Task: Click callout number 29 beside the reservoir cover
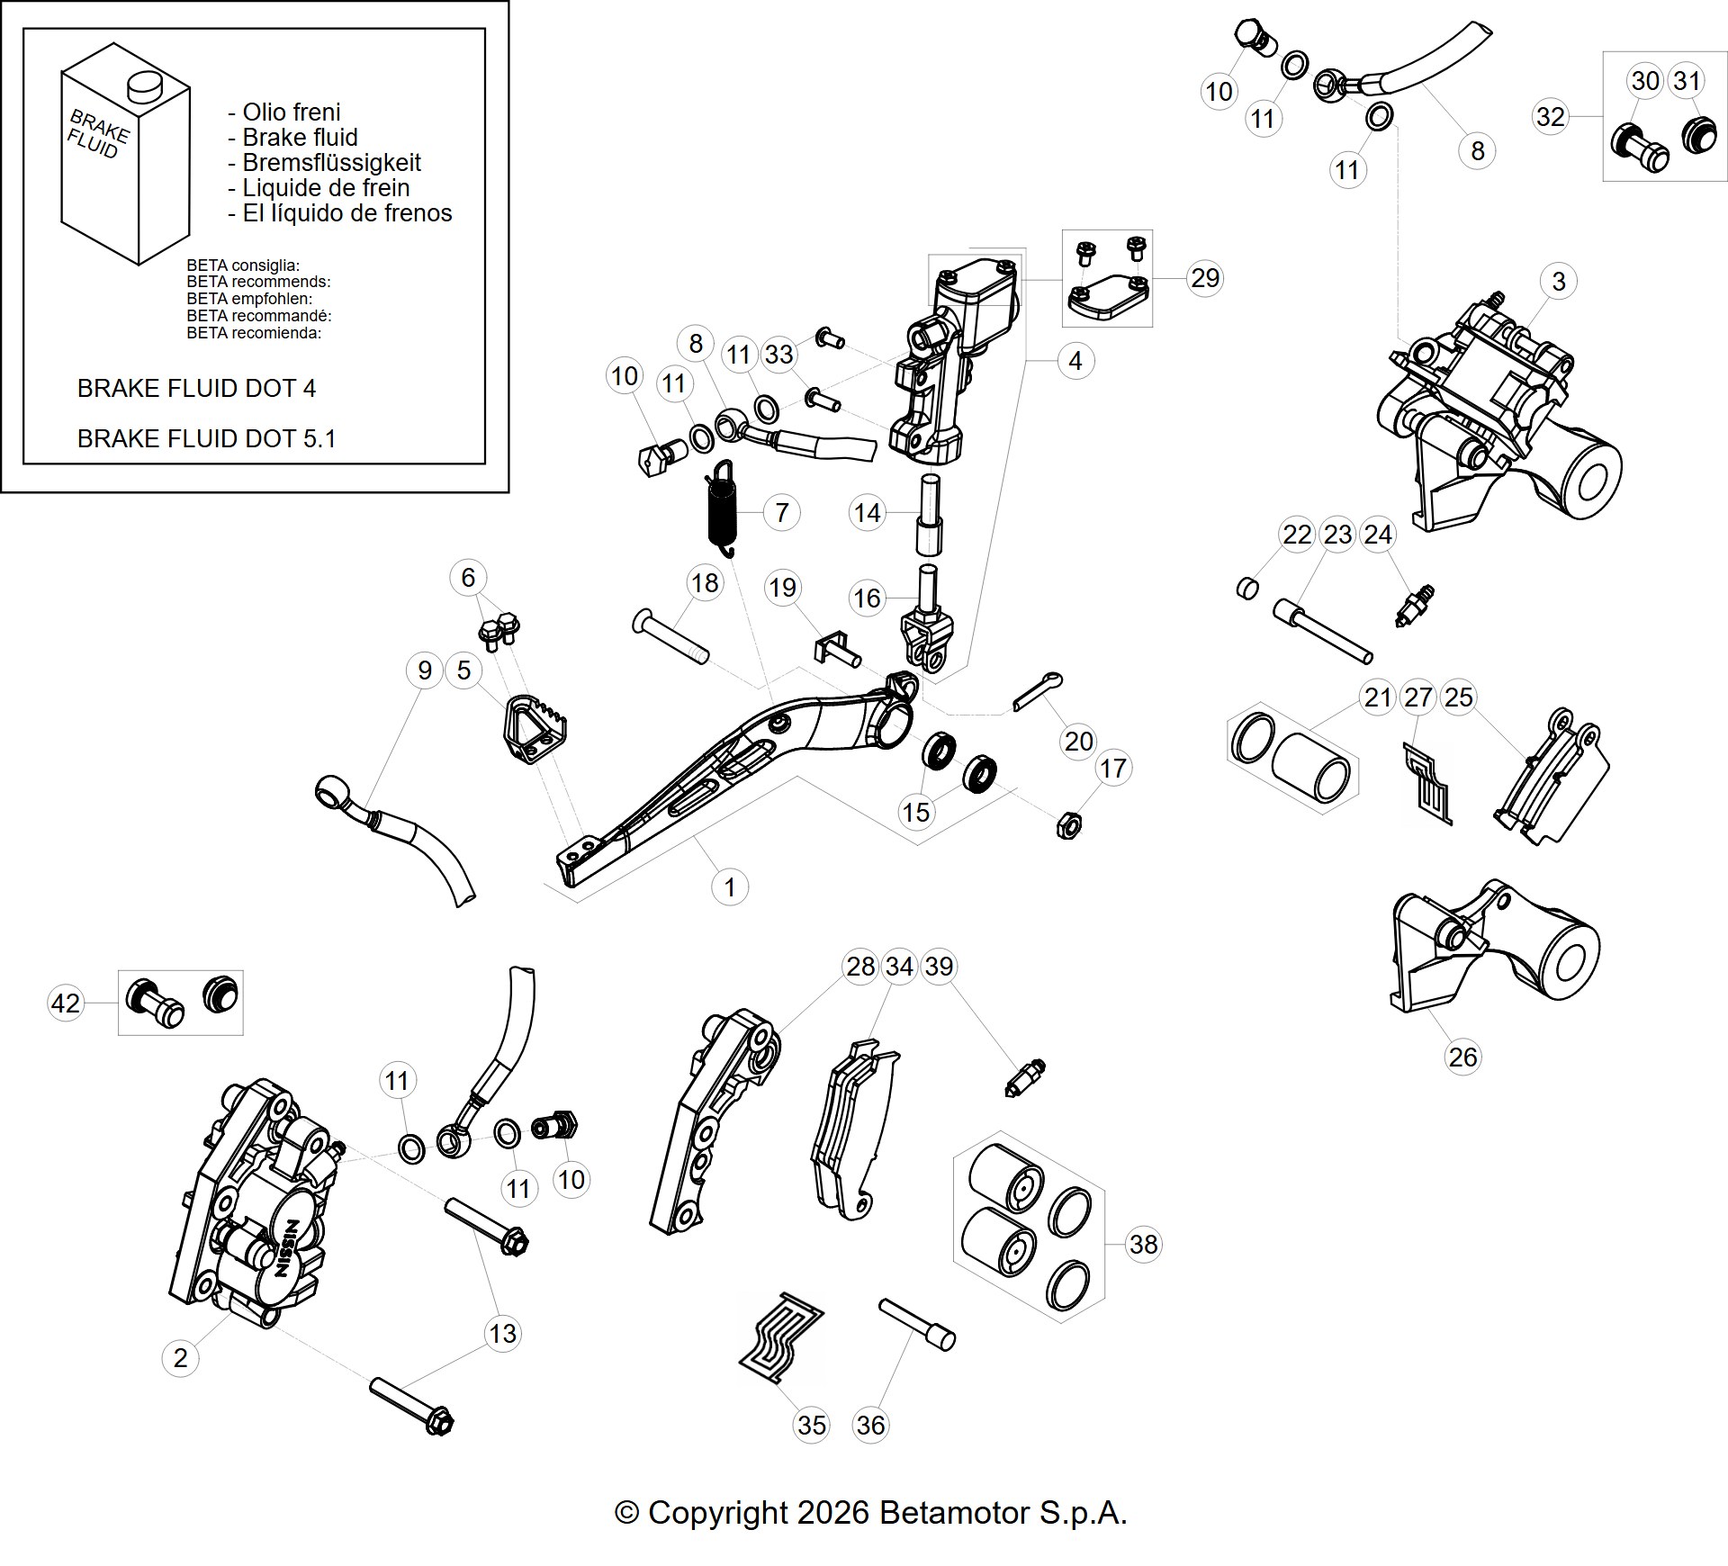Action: tap(1205, 278)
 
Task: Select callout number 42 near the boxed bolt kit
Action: tap(65, 1003)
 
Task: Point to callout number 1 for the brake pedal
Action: tap(729, 887)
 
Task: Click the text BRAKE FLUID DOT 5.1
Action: tap(206, 438)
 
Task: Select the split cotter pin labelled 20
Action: tap(1038, 690)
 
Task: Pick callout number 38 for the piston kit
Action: tap(1143, 1244)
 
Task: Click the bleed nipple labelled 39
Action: tap(1025, 1076)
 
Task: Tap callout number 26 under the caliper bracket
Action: tap(1462, 1057)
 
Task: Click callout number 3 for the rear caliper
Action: tap(1559, 281)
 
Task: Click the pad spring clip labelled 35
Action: tap(780, 1337)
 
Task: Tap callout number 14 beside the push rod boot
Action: tap(867, 513)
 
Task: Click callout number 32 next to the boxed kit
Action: tap(1550, 117)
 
